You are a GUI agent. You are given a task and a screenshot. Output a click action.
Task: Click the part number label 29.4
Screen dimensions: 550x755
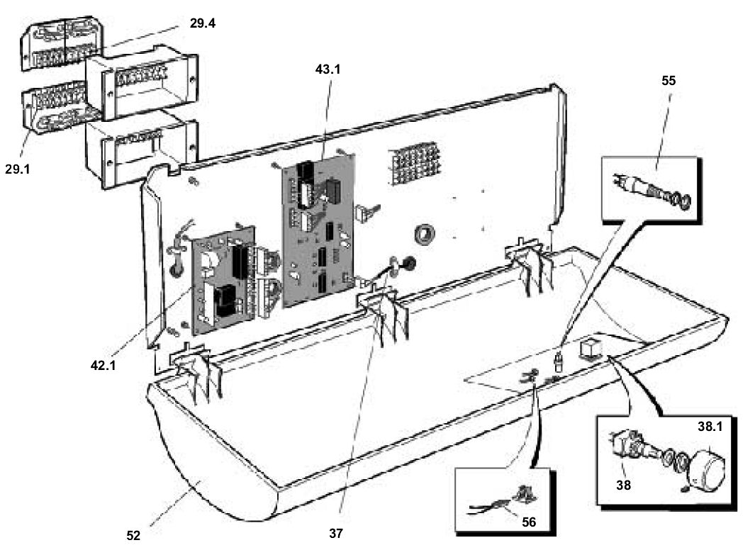(x=203, y=23)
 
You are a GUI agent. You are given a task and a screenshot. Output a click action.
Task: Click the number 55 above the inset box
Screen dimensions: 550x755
(x=667, y=81)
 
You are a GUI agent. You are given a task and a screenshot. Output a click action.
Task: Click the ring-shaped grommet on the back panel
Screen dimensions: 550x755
(x=425, y=234)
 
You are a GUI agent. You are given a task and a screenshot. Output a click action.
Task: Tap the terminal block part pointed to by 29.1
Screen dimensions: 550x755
(x=53, y=109)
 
